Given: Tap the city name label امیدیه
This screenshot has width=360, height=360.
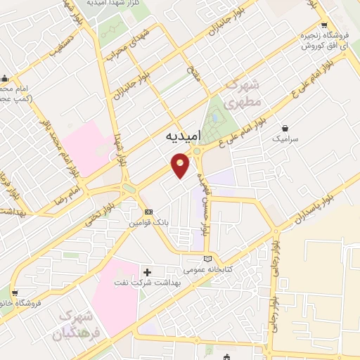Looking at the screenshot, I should (x=185, y=134).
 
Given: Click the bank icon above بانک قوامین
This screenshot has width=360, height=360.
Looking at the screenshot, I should (x=148, y=212).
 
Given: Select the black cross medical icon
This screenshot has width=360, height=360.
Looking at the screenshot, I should (x=147, y=272).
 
